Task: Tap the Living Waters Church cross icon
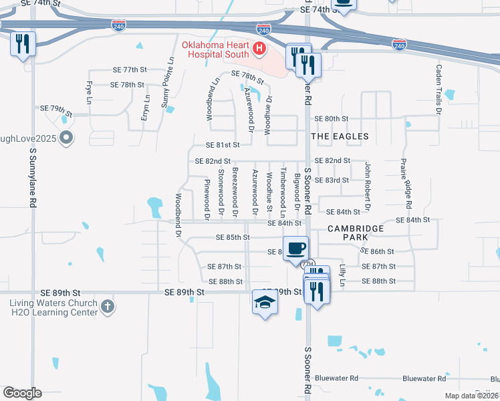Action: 108,307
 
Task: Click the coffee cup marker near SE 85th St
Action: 296,249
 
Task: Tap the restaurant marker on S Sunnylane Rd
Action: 23,44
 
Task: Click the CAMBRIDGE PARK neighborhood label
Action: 356,233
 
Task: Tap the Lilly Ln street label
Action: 342,275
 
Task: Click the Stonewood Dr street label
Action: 221,193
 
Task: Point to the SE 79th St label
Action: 56,108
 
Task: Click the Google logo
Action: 22,393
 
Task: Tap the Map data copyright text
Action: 472,396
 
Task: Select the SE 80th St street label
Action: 332,118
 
